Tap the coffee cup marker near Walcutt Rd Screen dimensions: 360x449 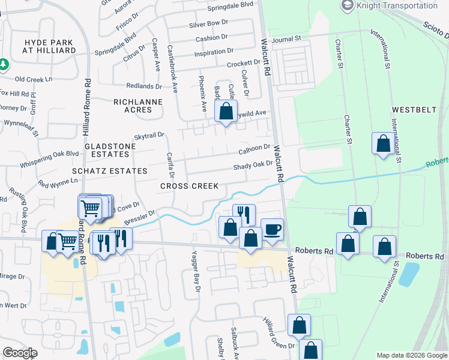(x=272, y=229)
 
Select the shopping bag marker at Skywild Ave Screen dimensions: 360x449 (x=226, y=112)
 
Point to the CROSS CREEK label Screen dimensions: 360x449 (x=189, y=186)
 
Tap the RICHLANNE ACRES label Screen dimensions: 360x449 (x=138, y=106)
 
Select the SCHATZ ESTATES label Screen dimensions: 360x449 (x=109, y=171)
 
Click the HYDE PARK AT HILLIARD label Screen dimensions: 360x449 (x=49, y=46)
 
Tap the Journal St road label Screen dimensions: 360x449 (x=286, y=39)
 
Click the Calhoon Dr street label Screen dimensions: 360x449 (x=255, y=148)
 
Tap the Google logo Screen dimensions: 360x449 (x=20, y=353)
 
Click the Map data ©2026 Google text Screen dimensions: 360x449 (x=411, y=355)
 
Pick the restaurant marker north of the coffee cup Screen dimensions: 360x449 (x=244, y=214)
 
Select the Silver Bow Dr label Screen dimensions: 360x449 (x=208, y=23)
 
